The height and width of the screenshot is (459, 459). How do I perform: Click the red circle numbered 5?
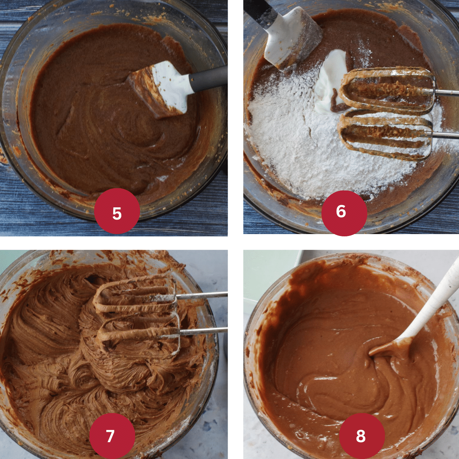pos(117,211)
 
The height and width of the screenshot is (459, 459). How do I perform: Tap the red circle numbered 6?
pos(344,213)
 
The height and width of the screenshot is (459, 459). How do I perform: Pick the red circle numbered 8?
pos(362,436)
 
